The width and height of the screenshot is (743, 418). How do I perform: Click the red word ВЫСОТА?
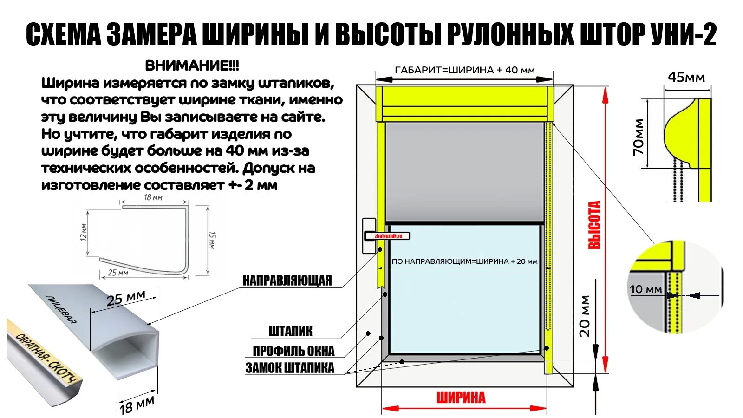[594, 225]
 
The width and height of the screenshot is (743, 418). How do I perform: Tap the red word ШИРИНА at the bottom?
[461, 398]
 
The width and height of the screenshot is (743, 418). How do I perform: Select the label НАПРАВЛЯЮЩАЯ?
[287, 281]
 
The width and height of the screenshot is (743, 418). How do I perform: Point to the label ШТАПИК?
[290, 331]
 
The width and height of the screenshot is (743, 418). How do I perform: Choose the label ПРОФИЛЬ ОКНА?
[293, 351]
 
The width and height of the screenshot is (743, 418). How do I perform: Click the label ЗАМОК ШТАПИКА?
[290, 368]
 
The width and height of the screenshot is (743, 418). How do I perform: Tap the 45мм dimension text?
[686, 77]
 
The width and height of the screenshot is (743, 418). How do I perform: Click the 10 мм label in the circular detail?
[645, 289]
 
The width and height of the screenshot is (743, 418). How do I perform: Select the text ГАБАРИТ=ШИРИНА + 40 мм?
[464, 70]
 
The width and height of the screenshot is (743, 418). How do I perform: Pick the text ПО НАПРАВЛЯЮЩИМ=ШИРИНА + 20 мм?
[464, 261]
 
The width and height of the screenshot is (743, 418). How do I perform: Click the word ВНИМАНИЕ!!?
[192, 65]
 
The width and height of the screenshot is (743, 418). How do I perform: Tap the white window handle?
[370, 236]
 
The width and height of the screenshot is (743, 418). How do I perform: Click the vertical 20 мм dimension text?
[585, 316]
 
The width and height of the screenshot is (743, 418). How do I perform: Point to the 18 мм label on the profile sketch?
[153, 197]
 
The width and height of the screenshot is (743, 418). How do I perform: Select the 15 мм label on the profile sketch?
[212, 241]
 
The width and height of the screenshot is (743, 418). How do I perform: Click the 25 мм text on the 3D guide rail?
[126, 298]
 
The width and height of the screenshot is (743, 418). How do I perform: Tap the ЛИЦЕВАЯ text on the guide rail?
[61, 308]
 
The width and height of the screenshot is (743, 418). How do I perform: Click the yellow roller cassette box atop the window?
[464, 103]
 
